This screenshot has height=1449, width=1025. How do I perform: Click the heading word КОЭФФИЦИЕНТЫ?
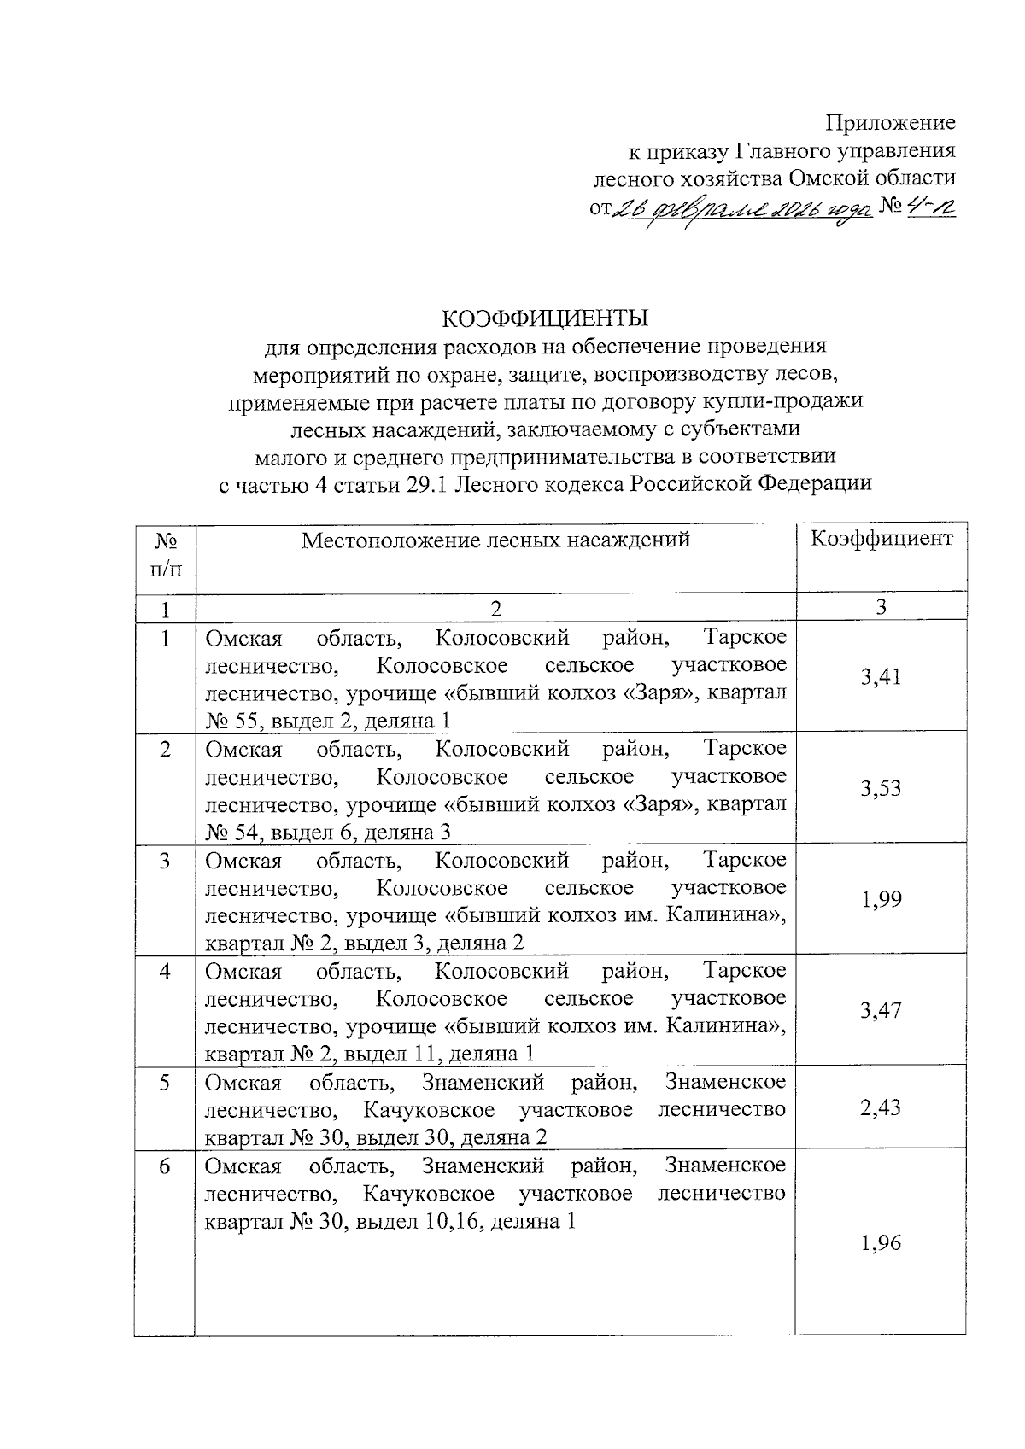(x=545, y=318)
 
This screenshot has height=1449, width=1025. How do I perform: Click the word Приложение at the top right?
(x=890, y=123)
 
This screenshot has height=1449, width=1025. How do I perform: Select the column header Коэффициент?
(x=881, y=539)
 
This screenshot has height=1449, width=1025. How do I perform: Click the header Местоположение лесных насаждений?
(x=495, y=540)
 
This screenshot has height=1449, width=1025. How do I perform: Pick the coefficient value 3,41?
(x=881, y=677)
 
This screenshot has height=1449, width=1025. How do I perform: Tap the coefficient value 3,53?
(x=881, y=788)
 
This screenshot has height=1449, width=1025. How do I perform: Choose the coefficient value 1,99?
(x=881, y=899)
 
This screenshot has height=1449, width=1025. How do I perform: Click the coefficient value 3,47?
(x=881, y=1010)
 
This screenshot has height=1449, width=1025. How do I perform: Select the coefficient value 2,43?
(x=881, y=1107)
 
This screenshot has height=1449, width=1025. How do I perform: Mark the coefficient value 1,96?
(x=881, y=1242)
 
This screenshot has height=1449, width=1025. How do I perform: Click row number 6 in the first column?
(x=165, y=1166)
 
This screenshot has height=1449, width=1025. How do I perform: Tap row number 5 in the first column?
(x=165, y=1083)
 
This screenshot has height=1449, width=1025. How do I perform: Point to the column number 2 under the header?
(x=495, y=609)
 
